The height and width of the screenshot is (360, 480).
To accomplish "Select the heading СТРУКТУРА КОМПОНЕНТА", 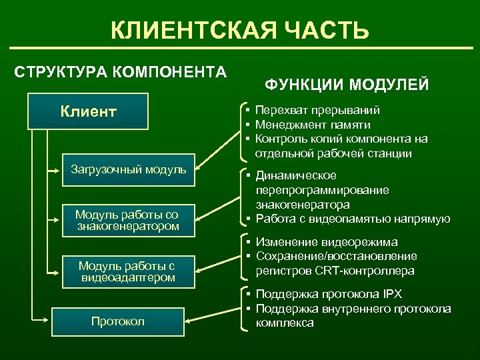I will click(x=120, y=71).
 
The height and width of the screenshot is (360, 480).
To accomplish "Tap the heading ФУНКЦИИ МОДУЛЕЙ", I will click(x=347, y=85).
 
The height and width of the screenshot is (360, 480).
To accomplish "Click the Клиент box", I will click(x=89, y=111).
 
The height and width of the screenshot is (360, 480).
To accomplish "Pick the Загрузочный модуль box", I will click(x=128, y=169).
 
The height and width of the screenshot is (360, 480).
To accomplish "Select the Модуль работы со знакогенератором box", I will click(x=127, y=220).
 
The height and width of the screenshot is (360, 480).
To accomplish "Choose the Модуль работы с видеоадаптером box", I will click(x=127, y=272).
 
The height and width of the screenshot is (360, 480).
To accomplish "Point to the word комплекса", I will click(x=285, y=323).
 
